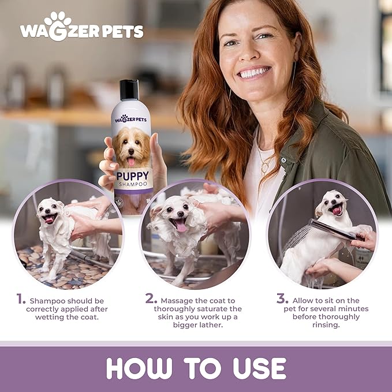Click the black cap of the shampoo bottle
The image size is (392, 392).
129,89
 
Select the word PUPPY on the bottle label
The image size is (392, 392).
133,176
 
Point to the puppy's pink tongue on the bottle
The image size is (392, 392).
131,162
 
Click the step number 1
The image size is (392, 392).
21,298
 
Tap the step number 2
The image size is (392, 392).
151,298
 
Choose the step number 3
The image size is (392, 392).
282,298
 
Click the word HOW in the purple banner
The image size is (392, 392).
139,368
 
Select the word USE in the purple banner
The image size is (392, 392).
259,368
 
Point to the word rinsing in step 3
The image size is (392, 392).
326,325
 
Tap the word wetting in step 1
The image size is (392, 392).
48,317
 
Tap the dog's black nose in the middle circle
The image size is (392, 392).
180,214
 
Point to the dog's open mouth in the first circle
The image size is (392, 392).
50,218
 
